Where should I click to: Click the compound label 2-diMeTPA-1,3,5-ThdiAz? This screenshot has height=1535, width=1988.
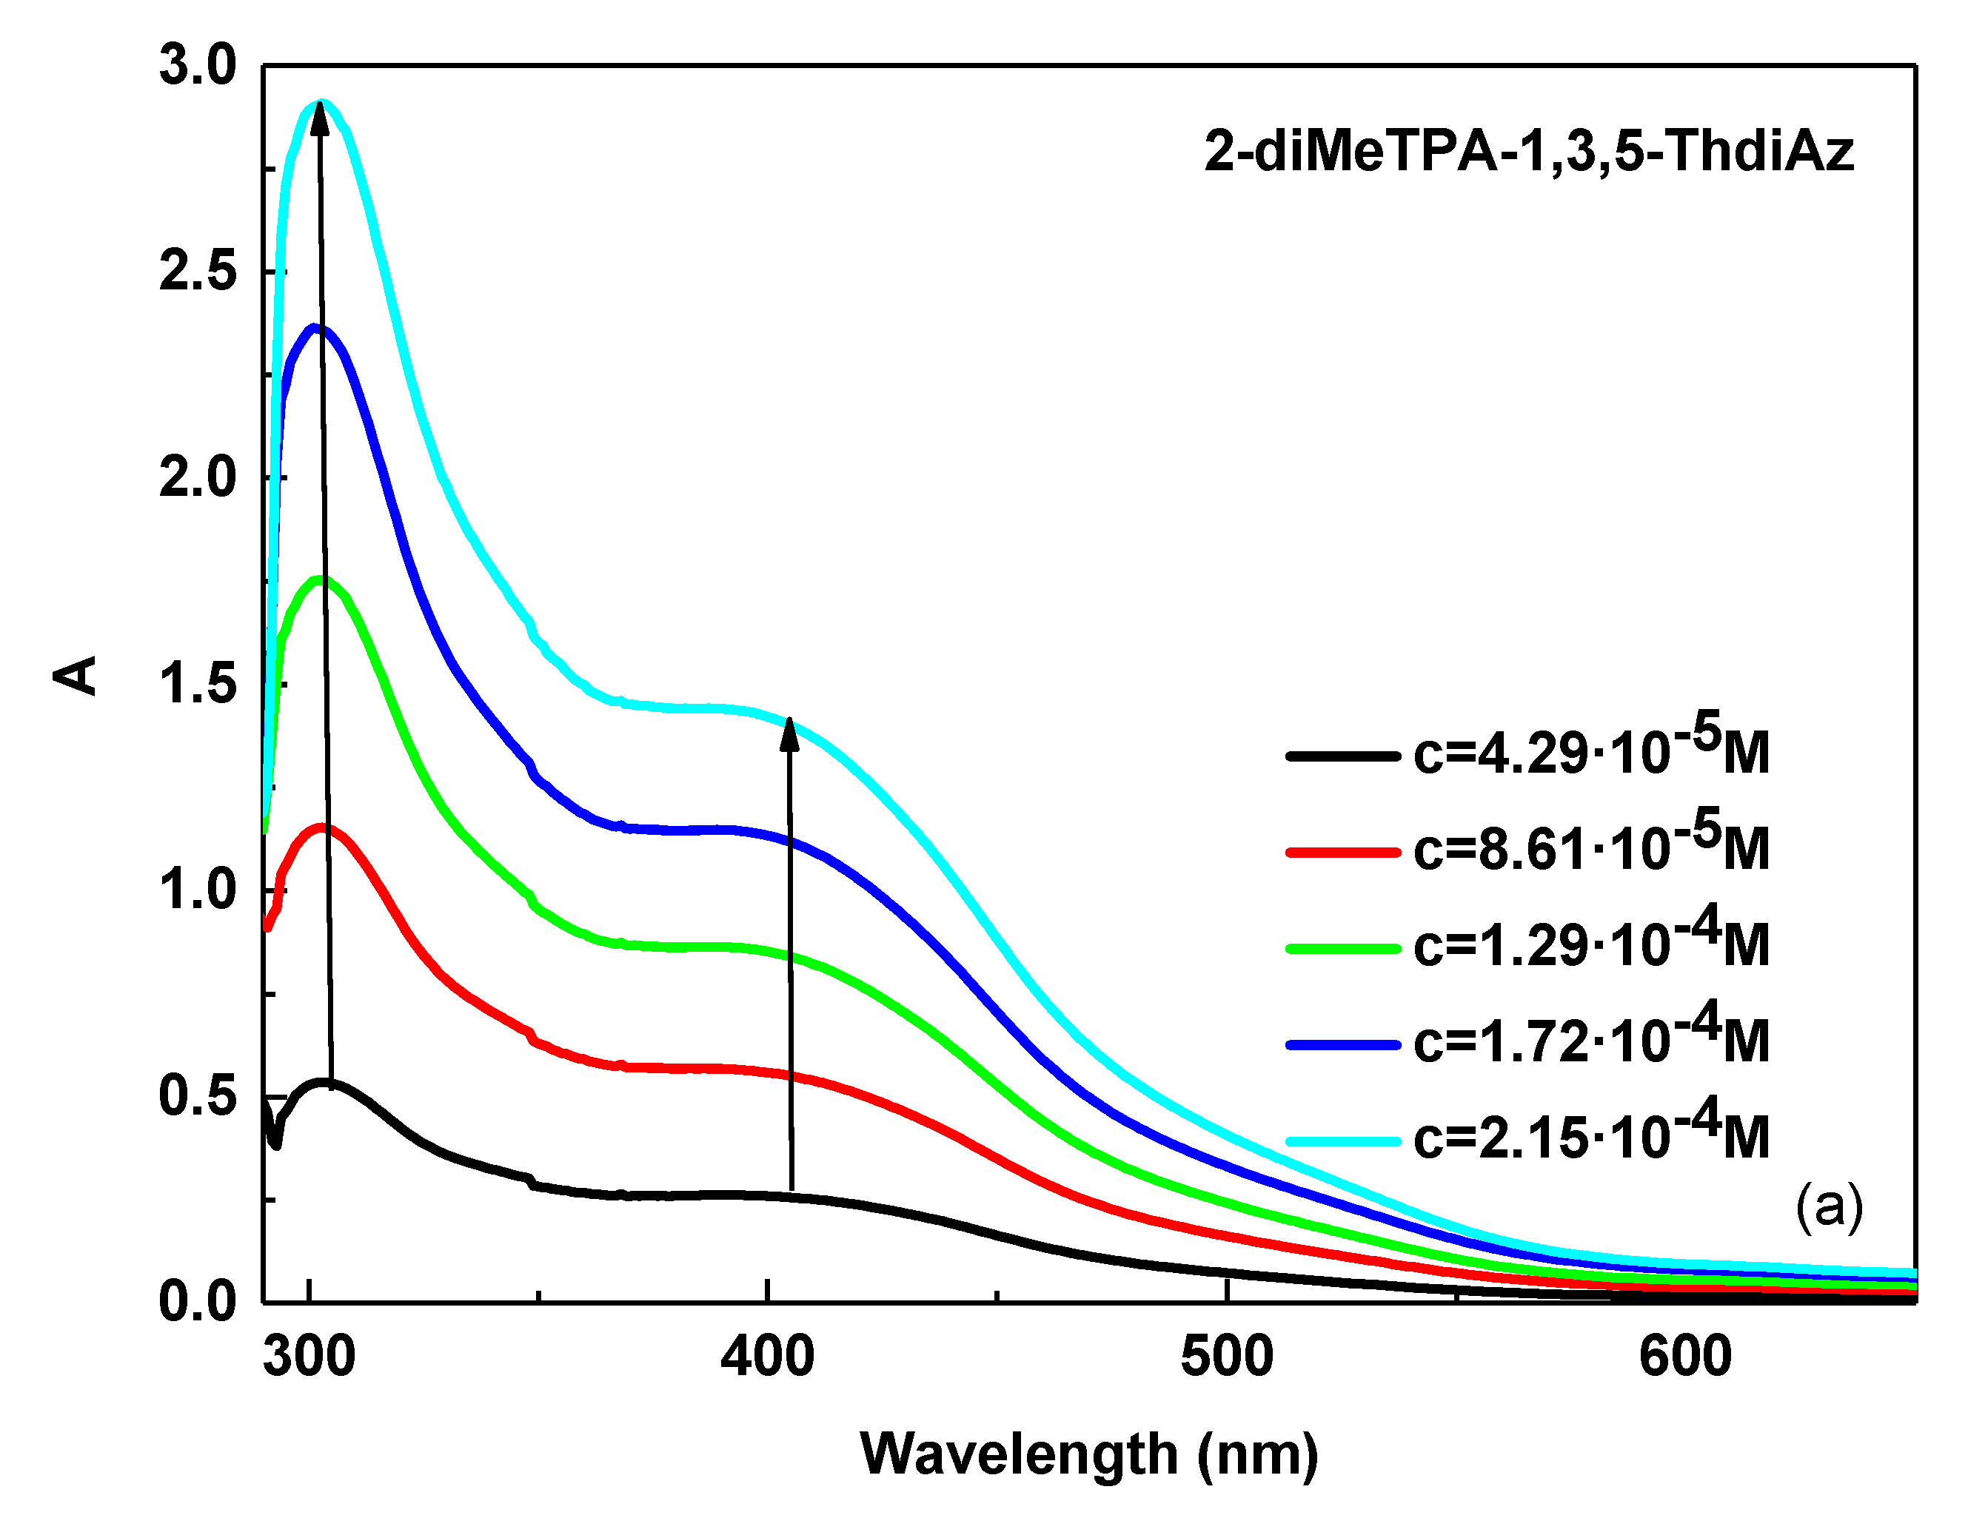[1528, 151]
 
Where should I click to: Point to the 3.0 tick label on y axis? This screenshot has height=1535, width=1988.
[198, 67]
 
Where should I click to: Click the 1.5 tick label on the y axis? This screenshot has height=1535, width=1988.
[198, 685]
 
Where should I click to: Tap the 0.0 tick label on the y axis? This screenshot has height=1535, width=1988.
[198, 1302]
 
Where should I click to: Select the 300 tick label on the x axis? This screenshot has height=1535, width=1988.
[309, 1357]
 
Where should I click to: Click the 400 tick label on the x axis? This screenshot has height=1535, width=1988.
[767, 1357]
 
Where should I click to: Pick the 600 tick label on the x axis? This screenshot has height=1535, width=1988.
[1685, 1357]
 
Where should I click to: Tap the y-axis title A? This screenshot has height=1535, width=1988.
[76, 675]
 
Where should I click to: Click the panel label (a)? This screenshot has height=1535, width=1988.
[1829, 1207]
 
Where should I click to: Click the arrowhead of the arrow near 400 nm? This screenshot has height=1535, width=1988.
[789, 733]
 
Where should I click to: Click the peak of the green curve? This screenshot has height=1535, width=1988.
[321, 579]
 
